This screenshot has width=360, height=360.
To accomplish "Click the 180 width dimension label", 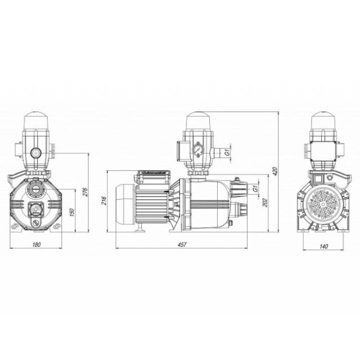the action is click(x=37, y=245).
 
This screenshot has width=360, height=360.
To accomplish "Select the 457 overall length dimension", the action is click(x=182, y=245).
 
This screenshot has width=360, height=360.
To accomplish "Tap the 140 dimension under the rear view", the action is click(x=323, y=246).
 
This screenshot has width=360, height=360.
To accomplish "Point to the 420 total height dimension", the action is click(x=276, y=171).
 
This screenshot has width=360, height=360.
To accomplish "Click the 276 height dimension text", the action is click(x=85, y=192).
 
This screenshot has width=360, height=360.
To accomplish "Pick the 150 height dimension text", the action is click(x=72, y=213).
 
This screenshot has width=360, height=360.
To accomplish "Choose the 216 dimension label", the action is click(x=103, y=200).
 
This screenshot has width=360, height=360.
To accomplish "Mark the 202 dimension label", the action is click(x=265, y=202).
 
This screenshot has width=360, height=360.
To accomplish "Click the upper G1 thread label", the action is click(x=227, y=152).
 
